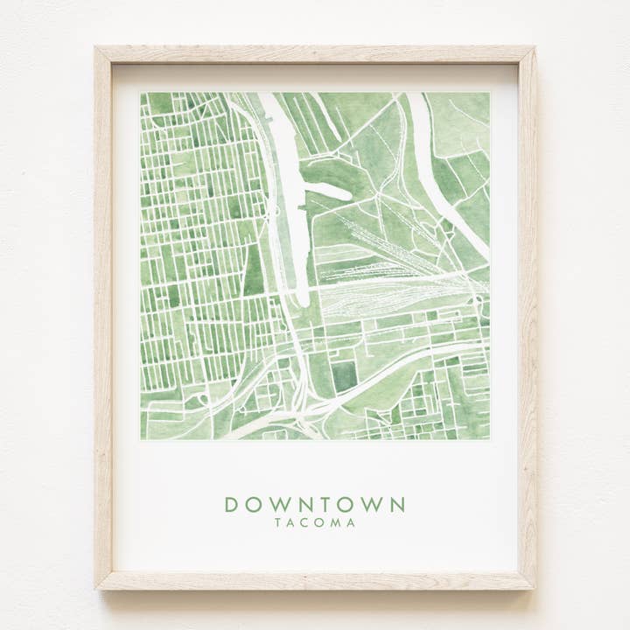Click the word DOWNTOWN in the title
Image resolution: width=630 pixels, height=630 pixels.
(x=315, y=505)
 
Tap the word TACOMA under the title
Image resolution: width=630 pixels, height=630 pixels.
(x=315, y=523)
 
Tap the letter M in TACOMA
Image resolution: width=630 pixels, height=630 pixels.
(x=337, y=523)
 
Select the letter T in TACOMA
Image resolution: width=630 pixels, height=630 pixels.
(x=278, y=523)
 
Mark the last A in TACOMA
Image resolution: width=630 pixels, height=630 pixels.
(x=351, y=523)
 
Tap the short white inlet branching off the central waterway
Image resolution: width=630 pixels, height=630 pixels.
(x=325, y=189)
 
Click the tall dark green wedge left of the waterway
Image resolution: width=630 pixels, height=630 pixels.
(x=253, y=271)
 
